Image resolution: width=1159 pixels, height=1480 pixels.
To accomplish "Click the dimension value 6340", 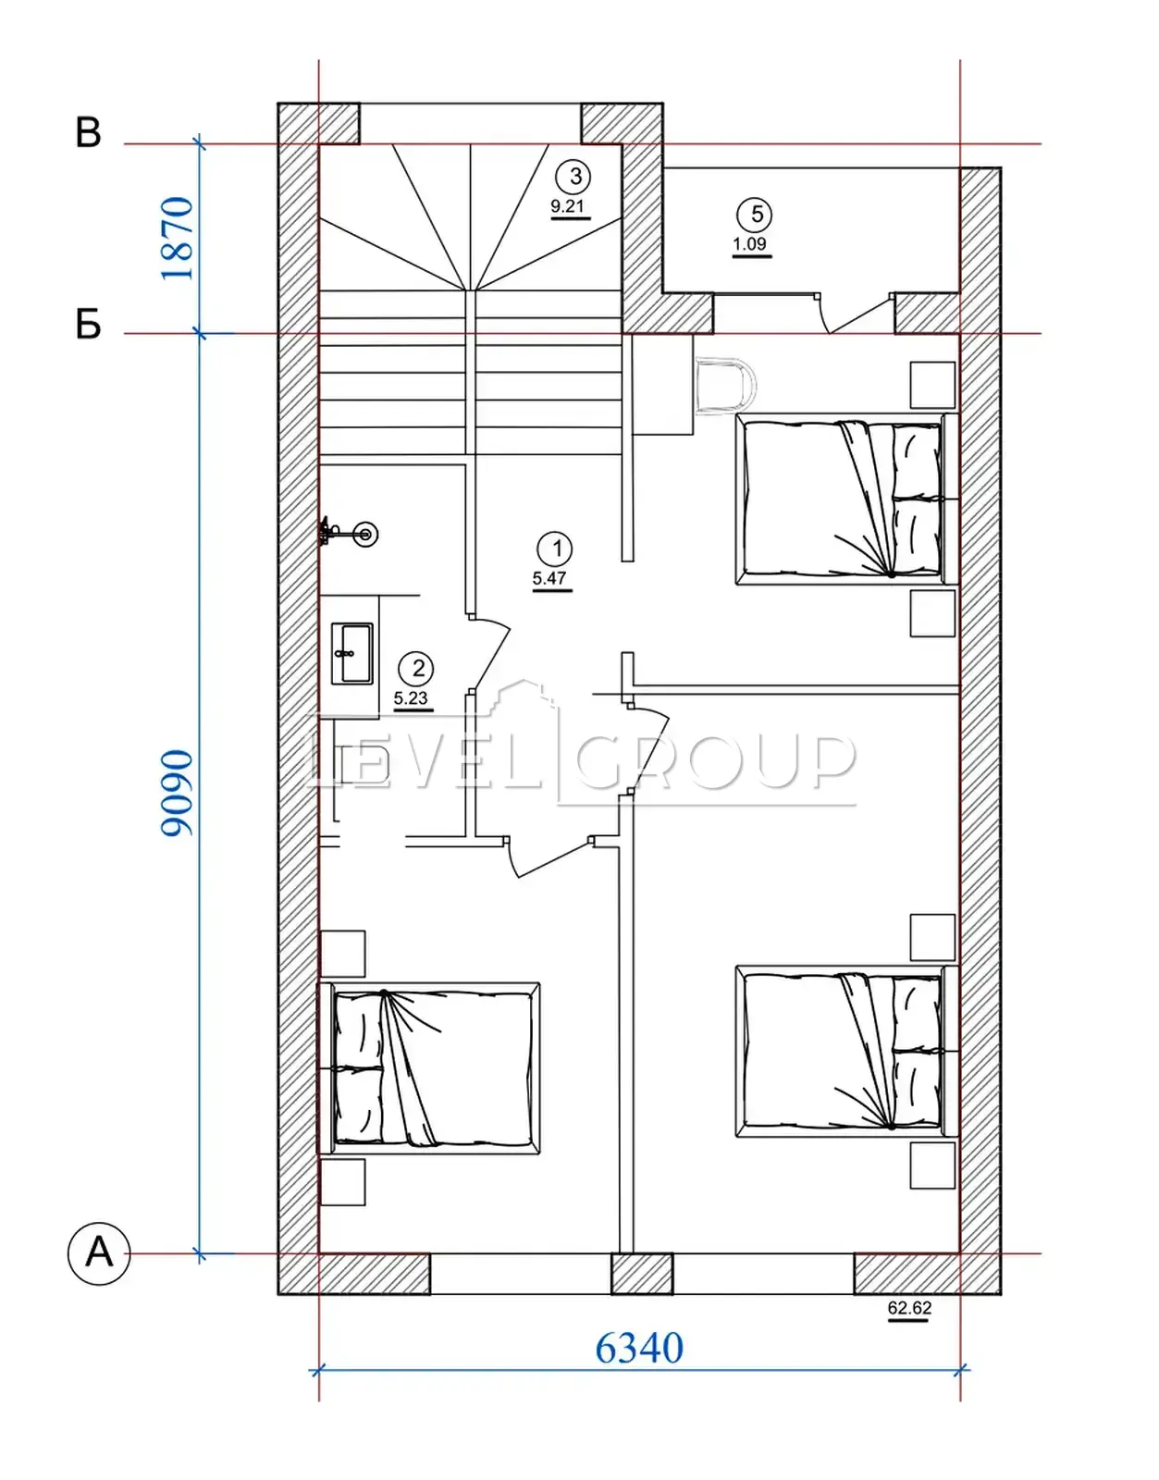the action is click(639, 1348).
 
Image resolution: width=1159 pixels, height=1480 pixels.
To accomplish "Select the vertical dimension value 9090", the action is click(177, 794).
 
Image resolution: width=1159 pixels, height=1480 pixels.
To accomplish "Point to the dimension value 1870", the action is click(177, 239).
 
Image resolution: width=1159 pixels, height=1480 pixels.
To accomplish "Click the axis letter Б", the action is click(89, 325).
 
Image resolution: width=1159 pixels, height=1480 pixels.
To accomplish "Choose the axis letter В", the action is click(89, 133).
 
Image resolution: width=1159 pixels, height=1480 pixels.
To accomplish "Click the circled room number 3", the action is click(576, 177).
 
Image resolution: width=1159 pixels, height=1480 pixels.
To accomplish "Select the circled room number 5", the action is click(758, 215).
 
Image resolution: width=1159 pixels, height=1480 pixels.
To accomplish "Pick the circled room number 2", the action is click(418, 668).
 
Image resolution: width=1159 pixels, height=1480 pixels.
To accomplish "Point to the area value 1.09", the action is click(750, 244).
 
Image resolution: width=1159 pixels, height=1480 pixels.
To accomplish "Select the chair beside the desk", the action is click(726, 386).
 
